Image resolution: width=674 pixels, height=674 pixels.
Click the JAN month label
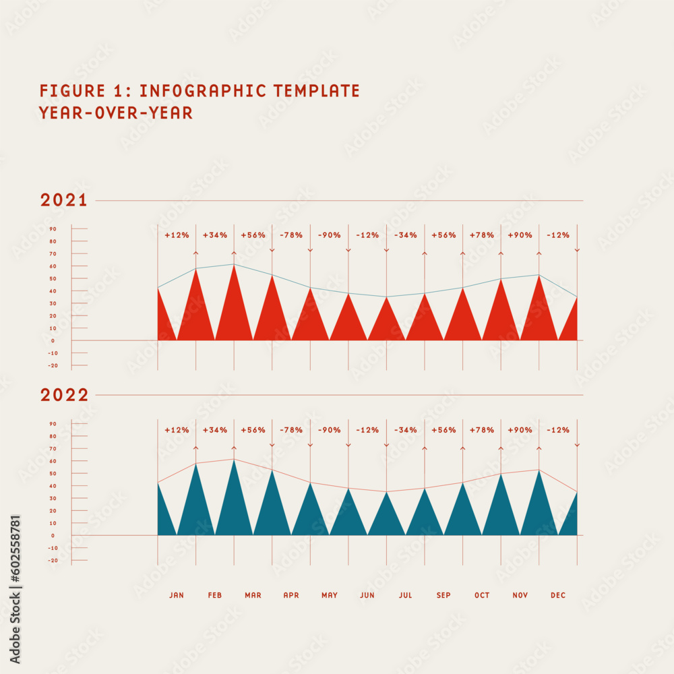[x=177, y=595]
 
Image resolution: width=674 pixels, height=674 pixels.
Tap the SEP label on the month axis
[x=443, y=595]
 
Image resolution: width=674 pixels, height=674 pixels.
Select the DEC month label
[x=558, y=595]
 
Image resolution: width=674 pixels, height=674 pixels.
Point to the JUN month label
[x=367, y=595]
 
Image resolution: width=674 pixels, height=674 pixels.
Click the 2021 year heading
[x=64, y=200]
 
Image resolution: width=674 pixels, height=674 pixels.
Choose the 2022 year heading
[x=65, y=395]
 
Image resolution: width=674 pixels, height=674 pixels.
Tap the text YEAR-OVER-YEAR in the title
[x=116, y=113]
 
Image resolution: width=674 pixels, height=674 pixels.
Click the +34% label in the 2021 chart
[x=215, y=235]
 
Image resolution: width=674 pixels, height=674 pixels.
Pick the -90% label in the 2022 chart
[x=330, y=430]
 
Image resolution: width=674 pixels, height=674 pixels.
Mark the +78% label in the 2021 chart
[x=482, y=235]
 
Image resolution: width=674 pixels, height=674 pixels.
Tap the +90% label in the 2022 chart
[x=520, y=430]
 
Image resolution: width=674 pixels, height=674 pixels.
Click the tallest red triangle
[x=234, y=310]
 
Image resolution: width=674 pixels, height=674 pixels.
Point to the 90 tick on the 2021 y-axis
[x=53, y=229]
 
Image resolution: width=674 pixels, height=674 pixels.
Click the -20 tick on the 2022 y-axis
[x=53, y=560]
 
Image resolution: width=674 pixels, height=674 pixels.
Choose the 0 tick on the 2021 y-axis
[x=53, y=341]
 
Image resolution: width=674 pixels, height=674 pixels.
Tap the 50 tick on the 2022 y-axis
[x=53, y=473]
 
